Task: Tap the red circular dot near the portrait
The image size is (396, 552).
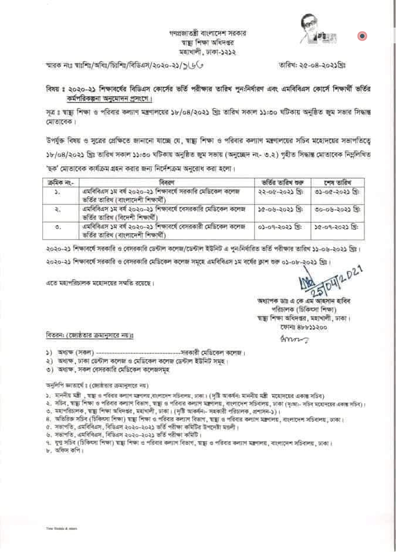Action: tap(362, 36)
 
